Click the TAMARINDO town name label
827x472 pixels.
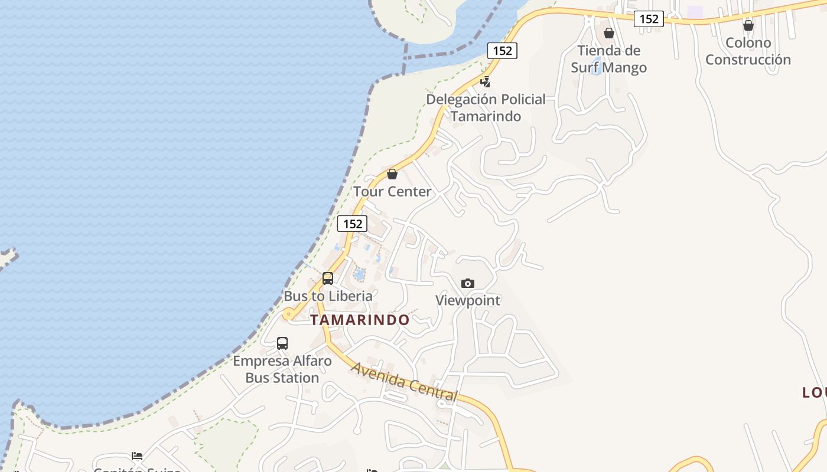pos(360,320)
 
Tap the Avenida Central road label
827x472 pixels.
pos(405,382)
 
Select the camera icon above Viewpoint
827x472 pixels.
pos(467,284)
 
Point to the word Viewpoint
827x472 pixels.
pos(468,300)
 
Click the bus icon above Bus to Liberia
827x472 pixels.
pos(328,278)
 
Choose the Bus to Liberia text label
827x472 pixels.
pos(328,296)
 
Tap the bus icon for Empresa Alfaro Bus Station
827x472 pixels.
pos(282,343)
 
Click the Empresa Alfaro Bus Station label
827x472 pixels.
pos(282,369)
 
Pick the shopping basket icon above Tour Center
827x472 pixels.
pos(392,174)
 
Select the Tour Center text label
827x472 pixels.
pos(393,191)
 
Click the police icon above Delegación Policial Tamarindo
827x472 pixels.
pos(485,82)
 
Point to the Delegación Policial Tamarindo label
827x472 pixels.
pos(486,107)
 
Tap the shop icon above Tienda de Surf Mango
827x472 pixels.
pos(608,33)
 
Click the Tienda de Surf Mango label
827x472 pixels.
pos(608,59)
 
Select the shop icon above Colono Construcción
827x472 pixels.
pos(748,25)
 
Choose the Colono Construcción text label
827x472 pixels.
pos(748,51)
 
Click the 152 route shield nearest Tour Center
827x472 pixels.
pos(352,224)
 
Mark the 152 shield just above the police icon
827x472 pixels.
pos(502,50)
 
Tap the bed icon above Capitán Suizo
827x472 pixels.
pos(137,456)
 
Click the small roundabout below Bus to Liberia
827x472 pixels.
pos(288,314)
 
